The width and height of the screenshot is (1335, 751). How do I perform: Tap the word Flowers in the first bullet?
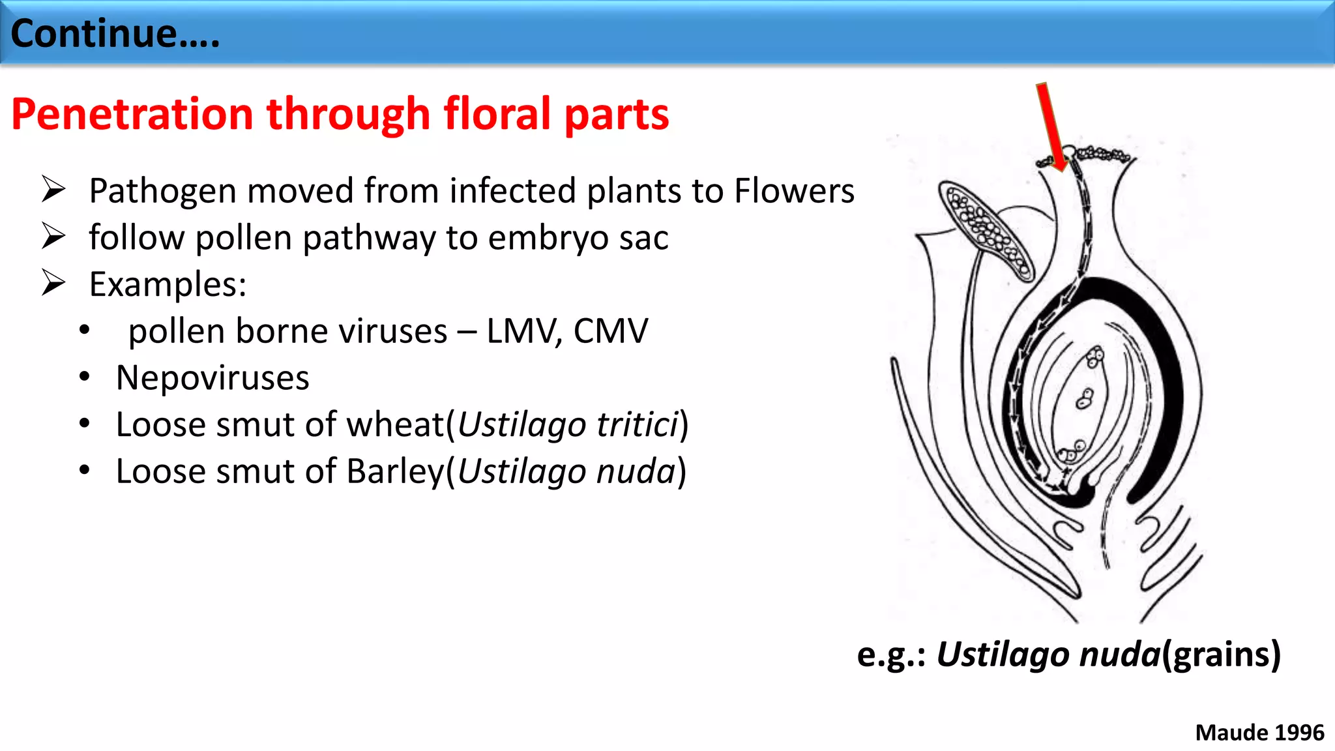[794, 191]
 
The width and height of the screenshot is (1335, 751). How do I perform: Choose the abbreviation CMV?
[610, 331]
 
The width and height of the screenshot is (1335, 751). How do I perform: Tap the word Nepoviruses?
[213, 378]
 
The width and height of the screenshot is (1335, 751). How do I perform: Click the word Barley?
[394, 471]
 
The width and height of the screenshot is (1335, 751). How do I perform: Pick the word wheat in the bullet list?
[395, 425]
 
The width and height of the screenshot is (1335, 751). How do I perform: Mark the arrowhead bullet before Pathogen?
[53, 190]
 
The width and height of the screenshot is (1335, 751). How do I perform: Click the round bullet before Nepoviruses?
[84, 377]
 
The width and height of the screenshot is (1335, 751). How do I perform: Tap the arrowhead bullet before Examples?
[53, 284]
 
